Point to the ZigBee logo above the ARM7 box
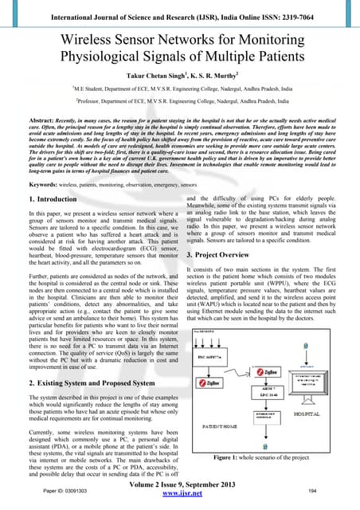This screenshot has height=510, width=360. pos(266,371)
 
